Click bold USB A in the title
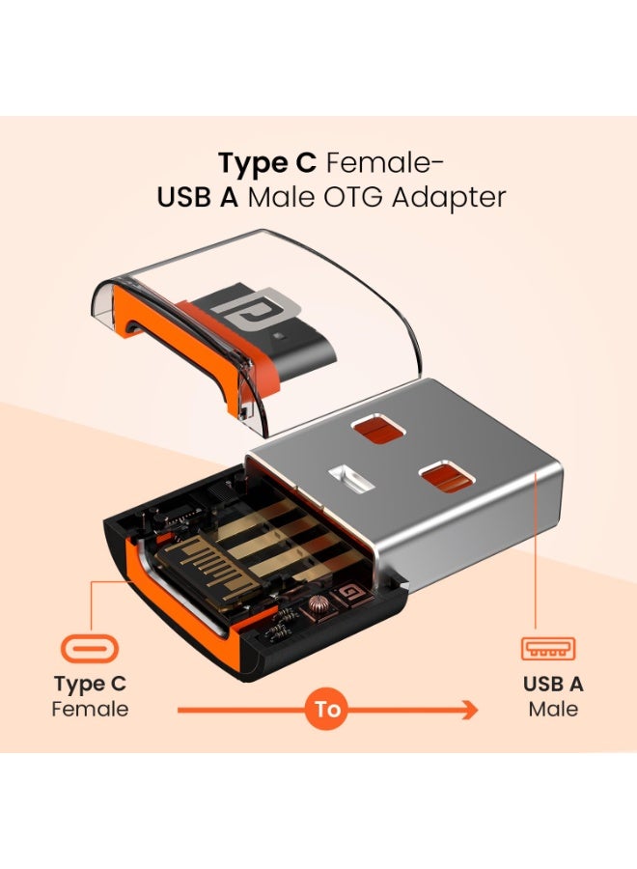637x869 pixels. (x=198, y=197)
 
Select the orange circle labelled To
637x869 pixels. (x=328, y=710)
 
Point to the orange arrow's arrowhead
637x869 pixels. (x=470, y=710)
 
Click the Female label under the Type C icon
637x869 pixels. (x=90, y=710)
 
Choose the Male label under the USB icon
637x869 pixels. (x=553, y=710)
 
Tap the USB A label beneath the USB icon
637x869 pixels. (x=553, y=685)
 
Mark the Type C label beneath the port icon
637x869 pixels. (x=90, y=685)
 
